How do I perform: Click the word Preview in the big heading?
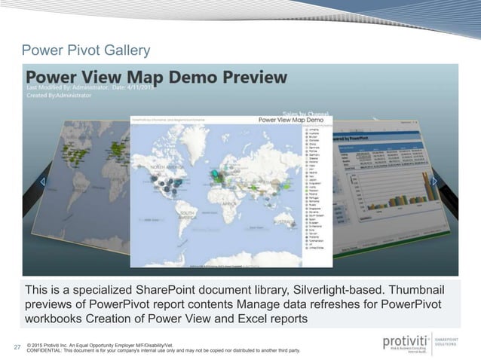pyautogui.click(x=248, y=77)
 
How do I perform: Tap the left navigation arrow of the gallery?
pyautogui.click(x=42, y=183)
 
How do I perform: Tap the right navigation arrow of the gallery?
pyautogui.click(x=435, y=182)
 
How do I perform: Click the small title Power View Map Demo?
pyautogui.click(x=291, y=119)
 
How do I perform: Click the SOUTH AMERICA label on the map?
pyautogui.click(x=189, y=217)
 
